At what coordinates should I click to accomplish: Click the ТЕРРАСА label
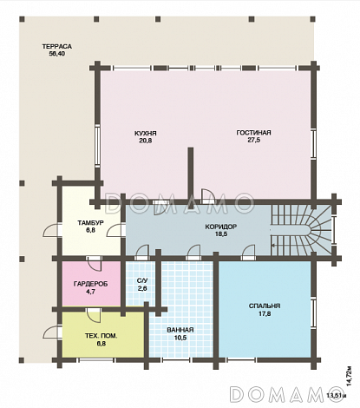pos(57,47)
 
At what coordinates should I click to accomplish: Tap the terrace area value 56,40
pos(57,54)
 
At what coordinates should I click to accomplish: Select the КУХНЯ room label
pos(146,134)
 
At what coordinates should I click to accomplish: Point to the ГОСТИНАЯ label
pos(253,133)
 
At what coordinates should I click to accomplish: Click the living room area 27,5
pos(253,140)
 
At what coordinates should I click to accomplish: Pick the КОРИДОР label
pos(221,227)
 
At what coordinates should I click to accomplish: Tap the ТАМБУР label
pos(90,223)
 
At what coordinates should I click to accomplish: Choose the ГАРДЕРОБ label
pos(90,284)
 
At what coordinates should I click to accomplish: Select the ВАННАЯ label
pos(180,330)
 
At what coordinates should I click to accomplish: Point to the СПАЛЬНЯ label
pos(265,306)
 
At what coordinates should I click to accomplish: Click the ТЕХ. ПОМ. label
pos(101,336)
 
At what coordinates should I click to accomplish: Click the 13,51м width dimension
pos(337,396)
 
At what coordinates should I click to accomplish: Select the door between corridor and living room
pos(207,195)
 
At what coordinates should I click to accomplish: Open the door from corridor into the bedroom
pos(249,251)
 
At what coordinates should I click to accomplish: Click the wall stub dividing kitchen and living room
pos(190,174)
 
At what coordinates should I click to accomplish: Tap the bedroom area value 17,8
pos(265,313)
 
